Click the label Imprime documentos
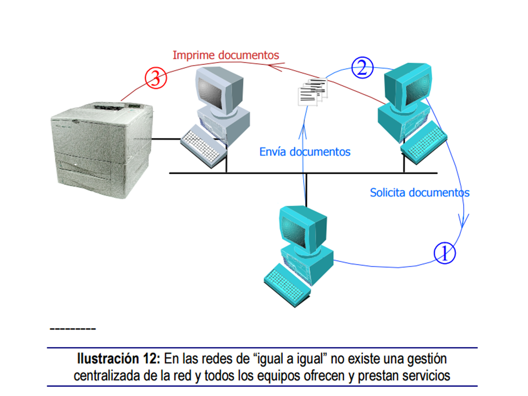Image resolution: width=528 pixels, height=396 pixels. pyautogui.click(x=226, y=55)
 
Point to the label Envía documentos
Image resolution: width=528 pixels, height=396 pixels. pyautogui.click(x=305, y=152)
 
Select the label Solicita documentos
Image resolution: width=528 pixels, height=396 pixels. pyautogui.click(x=420, y=193)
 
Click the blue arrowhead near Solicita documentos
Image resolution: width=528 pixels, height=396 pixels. pyautogui.click(x=463, y=220)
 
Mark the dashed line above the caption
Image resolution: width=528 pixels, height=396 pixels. pyautogui.click(x=73, y=329)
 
